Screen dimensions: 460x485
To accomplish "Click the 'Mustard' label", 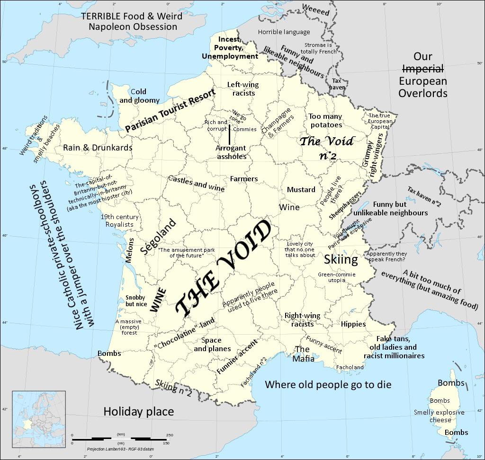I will tap(301, 190).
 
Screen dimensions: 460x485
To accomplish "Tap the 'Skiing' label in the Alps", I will tap(341, 259).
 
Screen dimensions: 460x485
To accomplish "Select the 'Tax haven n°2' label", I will tap(424, 197).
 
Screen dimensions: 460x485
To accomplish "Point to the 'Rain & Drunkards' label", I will tap(98, 148).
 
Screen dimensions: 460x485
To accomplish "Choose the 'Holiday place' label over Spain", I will tap(138, 412).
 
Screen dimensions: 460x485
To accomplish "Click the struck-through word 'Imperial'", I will tap(422, 69).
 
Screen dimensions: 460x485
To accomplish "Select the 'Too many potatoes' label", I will tap(326, 121).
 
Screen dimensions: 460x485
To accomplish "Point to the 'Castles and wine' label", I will tap(196, 183).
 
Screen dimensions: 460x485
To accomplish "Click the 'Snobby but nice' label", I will tap(135, 301).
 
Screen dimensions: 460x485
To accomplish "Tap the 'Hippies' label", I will tap(353, 324).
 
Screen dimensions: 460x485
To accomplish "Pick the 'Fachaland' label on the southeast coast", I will tap(350, 367).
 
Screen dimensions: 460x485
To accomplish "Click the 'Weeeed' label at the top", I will tap(315, 10).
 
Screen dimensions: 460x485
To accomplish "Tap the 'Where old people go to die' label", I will tap(328, 384).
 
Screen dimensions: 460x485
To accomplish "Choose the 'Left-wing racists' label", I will tap(243, 89).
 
